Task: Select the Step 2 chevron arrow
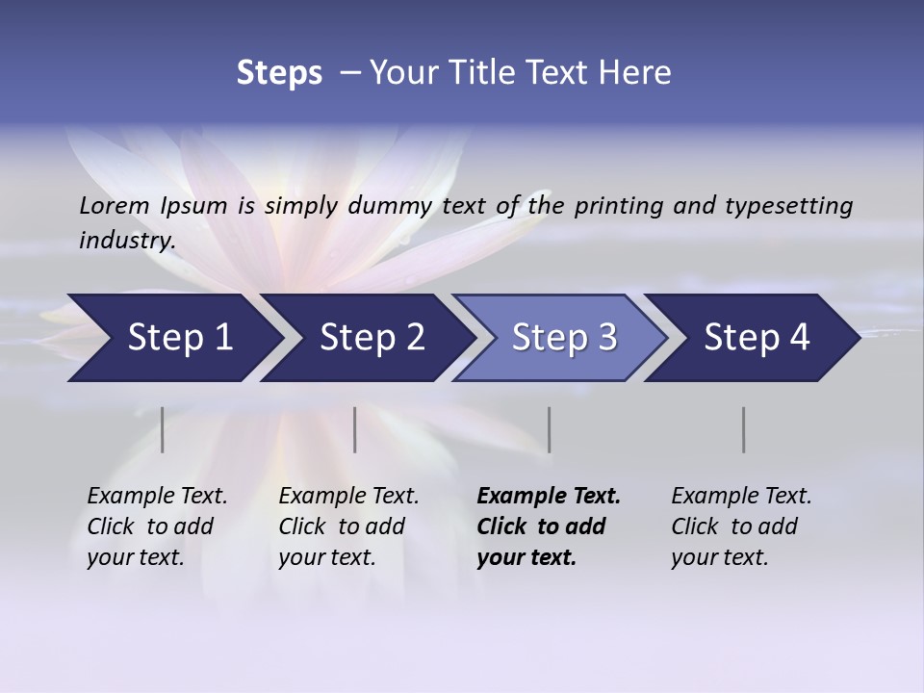pos(372,338)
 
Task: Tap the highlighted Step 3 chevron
pos(564,338)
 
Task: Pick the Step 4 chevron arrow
pos(757,338)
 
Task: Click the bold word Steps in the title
pos(279,72)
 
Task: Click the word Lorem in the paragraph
pos(115,205)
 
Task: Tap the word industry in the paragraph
pos(126,240)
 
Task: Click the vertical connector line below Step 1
pos(163,429)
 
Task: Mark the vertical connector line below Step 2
pos(355,429)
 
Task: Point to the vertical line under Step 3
pos(549,429)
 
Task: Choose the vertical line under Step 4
pos(743,429)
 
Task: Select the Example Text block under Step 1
pos(157,526)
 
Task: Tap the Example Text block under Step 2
pos(348,526)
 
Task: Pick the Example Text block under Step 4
pos(741,526)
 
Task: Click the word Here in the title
pos(639,72)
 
